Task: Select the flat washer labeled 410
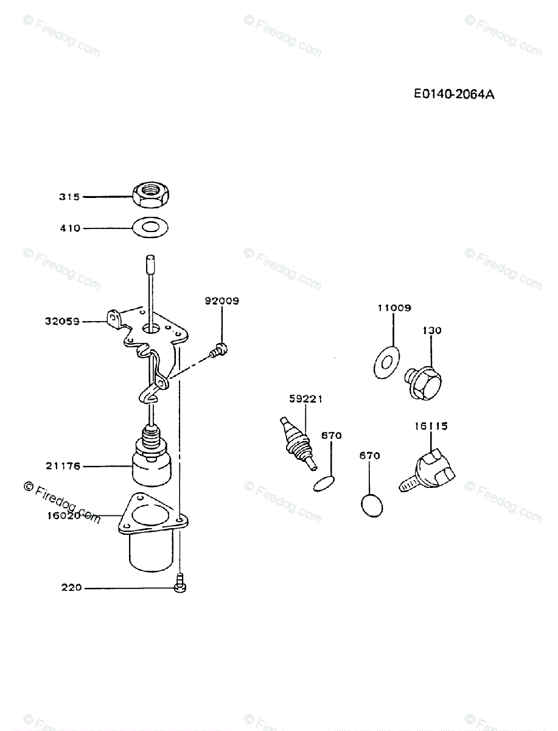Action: point(150,228)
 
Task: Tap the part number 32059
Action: point(61,321)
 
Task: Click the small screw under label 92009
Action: point(218,350)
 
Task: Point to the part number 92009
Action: point(222,301)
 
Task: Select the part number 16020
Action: point(63,515)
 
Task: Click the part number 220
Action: point(72,588)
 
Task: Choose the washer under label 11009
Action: point(386,361)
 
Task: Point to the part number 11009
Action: point(394,308)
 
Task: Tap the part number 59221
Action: point(305,399)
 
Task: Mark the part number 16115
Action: point(431,426)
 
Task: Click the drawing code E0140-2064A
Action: point(453,94)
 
